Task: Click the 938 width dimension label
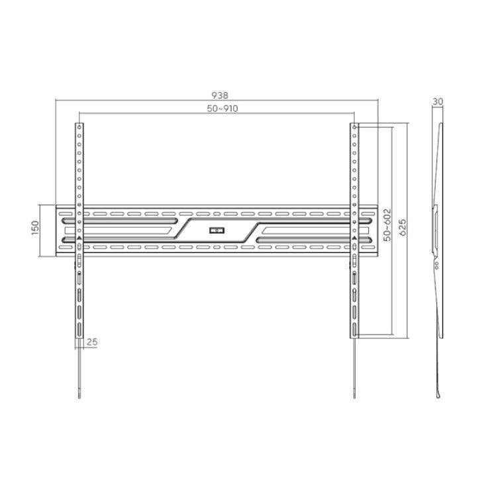pos(220,95)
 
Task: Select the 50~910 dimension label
pos(222,109)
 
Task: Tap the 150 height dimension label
pos(35,228)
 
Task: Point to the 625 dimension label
pos(403,228)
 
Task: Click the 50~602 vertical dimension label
pos(387,225)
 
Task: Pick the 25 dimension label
pos(92,342)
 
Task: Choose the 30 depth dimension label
pos(438,101)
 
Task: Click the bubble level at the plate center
pos(217,230)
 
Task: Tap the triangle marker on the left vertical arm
pos(79,238)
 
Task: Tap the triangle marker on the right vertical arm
pos(354,238)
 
